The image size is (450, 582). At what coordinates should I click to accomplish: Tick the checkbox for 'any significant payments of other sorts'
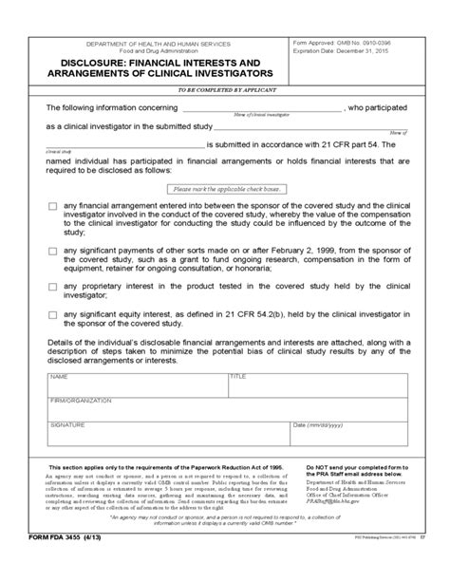click(x=52, y=251)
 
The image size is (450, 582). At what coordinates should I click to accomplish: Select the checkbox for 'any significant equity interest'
click(x=52, y=325)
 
